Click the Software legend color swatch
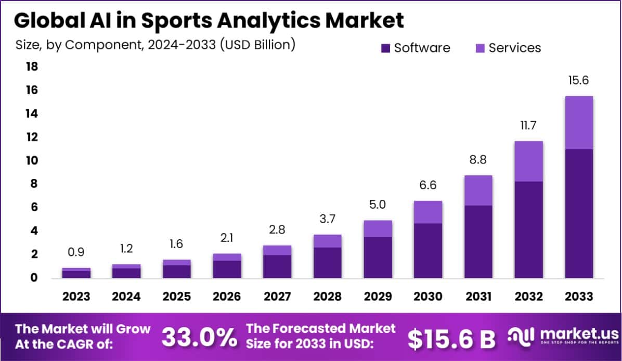[385, 48]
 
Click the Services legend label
[514, 48]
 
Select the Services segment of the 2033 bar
[579, 123]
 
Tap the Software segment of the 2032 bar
[528, 229]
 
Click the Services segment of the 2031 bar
[478, 190]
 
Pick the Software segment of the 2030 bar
[428, 251]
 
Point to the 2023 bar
[76, 273]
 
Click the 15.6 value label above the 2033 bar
[579, 81]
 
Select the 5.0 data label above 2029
[378, 204]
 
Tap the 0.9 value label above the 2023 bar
[76, 252]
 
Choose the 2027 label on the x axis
[277, 296]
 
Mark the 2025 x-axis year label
[177, 296]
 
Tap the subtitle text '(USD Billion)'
[257, 45]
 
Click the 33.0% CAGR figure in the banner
[199, 337]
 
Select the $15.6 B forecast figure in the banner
[451, 339]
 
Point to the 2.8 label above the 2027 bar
[277, 230]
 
